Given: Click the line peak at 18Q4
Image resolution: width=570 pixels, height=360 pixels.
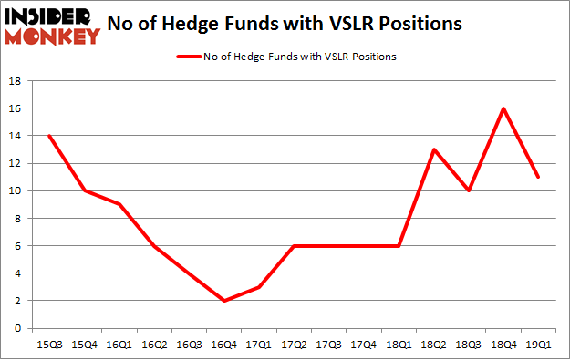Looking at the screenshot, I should [x=503, y=108].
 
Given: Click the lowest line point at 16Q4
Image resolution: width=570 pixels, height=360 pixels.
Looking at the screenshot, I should [x=223, y=301].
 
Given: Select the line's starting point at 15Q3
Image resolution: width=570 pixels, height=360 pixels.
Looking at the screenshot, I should [x=49, y=136].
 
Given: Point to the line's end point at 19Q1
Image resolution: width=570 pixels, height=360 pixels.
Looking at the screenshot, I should [x=538, y=177].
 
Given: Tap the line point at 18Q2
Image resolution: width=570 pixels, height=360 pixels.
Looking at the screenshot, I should [x=433, y=149].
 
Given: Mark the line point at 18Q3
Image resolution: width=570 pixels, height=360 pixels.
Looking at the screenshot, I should [x=468, y=190].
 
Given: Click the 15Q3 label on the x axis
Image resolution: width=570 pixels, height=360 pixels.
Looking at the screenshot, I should [x=49, y=345].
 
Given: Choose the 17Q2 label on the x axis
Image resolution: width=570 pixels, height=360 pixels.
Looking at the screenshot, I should [x=294, y=345].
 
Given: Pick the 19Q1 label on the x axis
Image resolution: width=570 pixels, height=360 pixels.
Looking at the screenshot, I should [x=538, y=345].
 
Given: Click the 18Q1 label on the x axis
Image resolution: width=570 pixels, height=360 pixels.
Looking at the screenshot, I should [x=399, y=345].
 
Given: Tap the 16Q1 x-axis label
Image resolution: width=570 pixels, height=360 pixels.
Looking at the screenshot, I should [x=119, y=345].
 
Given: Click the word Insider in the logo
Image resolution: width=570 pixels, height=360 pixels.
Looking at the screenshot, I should [x=51, y=15].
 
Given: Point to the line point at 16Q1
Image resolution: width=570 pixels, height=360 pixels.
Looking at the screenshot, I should [x=119, y=204].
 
